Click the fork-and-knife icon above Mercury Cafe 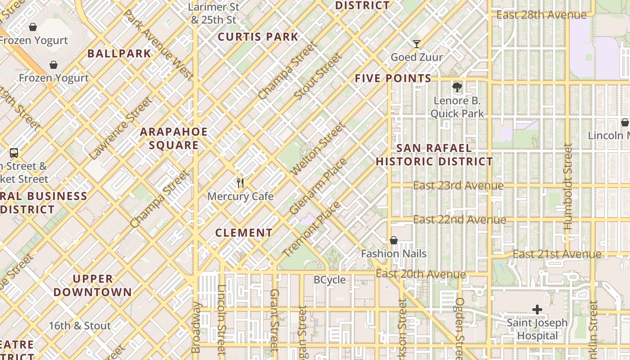click(x=240, y=183)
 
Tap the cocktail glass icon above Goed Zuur click(x=417, y=44)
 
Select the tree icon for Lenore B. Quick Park click(x=457, y=87)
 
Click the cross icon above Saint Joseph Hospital click(x=537, y=310)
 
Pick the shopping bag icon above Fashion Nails click(x=394, y=240)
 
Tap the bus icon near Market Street click(x=14, y=153)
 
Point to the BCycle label click(x=330, y=280)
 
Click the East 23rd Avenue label click(x=458, y=185)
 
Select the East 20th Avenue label click(x=421, y=274)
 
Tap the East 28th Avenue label click(x=541, y=15)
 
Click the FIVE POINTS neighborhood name click(x=393, y=78)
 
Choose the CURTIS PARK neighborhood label click(x=258, y=37)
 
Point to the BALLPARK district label click(x=119, y=54)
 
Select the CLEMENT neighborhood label click(x=244, y=233)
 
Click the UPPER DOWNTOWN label click(x=93, y=285)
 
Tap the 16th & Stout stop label click(x=80, y=326)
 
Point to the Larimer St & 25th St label click(x=214, y=13)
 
